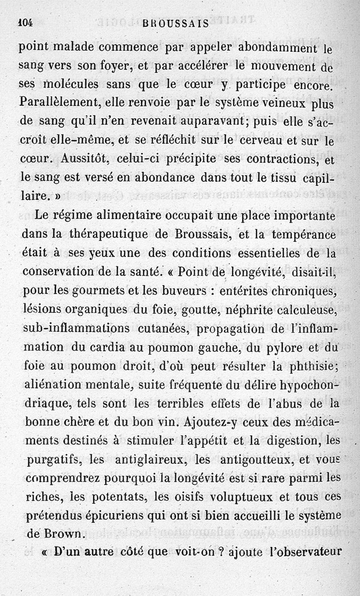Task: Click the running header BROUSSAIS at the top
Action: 175,24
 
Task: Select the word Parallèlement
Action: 60,103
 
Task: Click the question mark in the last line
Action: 221,552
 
